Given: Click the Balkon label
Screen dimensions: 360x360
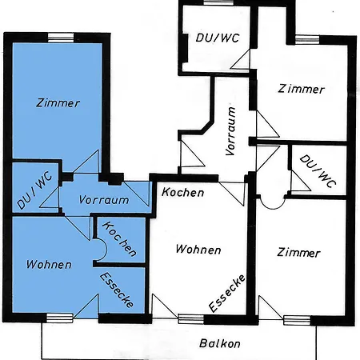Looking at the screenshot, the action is [220, 343].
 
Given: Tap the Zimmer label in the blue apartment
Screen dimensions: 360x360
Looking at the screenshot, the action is [58, 103].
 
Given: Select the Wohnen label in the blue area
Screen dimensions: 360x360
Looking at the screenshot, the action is [49, 264].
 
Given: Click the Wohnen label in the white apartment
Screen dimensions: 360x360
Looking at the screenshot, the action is [198, 250].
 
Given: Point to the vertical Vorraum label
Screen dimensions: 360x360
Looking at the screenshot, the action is [230, 131].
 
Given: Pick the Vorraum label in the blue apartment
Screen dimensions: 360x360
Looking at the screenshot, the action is [104, 200].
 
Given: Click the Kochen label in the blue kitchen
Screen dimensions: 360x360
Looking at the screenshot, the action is [119, 239].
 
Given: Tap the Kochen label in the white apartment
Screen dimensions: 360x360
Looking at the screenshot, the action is [183, 192].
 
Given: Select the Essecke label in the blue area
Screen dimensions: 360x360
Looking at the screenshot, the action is [117, 290].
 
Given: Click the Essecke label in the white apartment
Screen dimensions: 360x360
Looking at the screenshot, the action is [227, 293].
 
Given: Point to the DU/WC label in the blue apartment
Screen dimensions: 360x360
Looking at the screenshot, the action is [34, 190].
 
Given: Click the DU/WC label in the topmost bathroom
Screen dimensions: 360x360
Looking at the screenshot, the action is [218, 38].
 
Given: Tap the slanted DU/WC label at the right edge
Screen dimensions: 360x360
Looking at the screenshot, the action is [318, 171].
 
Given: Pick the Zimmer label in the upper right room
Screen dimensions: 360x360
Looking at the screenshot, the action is [302, 89].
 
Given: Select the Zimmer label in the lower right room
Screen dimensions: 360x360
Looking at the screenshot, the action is [298, 252].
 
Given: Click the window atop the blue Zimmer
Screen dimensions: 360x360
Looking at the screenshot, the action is [61, 38].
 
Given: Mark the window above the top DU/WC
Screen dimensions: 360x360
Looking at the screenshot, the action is [218, 2].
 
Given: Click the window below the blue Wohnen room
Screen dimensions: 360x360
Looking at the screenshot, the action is [59, 318].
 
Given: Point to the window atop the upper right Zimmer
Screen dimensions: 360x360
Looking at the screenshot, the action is [307, 39].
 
